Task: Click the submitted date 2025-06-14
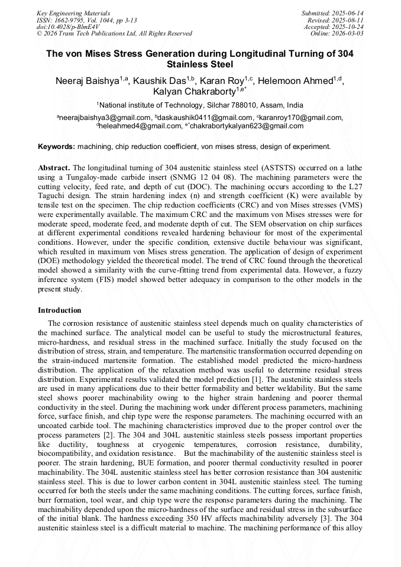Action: pyautogui.click(x=348, y=13)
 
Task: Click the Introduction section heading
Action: pyautogui.click(x=60, y=310)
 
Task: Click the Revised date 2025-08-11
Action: pyautogui.click(x=348, y=20)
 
